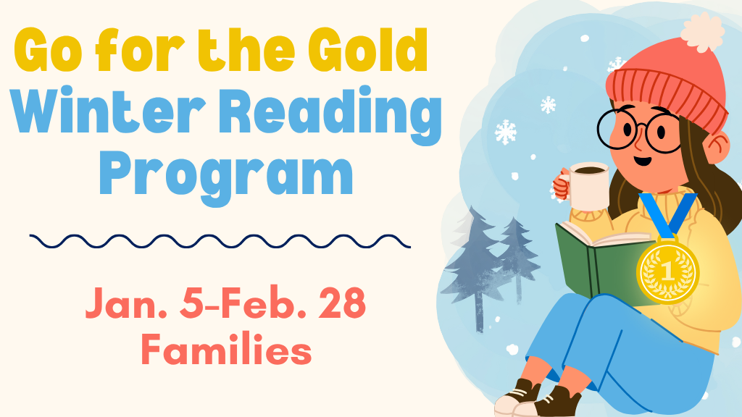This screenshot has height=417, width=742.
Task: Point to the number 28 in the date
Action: pyautogui.click(x=340, y=305)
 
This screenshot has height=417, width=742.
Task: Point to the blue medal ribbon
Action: pyautogui.click(x=667, y=214)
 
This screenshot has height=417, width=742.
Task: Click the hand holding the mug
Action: pyautogui.click(x=561, y=186)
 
